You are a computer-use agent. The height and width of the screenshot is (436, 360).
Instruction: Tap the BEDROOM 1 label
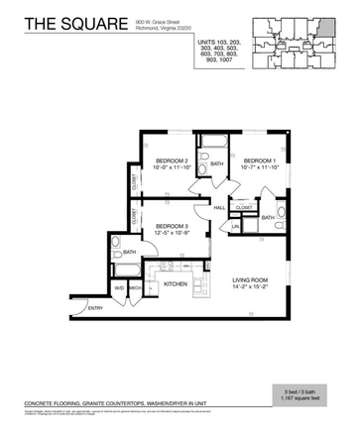point(259,160)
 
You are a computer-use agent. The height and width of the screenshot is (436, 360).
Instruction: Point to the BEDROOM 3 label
point(174,227)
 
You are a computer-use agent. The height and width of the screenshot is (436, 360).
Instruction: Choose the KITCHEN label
point(177,284)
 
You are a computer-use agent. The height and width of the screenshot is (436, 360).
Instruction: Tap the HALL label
point(219,208)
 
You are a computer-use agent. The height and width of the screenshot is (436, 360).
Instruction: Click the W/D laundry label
point(119,289)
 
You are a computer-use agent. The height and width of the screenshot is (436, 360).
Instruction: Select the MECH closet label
point(134,289)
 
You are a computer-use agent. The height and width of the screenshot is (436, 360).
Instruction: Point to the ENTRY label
point(95,308)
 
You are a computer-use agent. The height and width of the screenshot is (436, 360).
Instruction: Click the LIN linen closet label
point(235,227)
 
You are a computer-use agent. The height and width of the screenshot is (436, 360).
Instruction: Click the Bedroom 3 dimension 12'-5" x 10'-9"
point(174,235)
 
